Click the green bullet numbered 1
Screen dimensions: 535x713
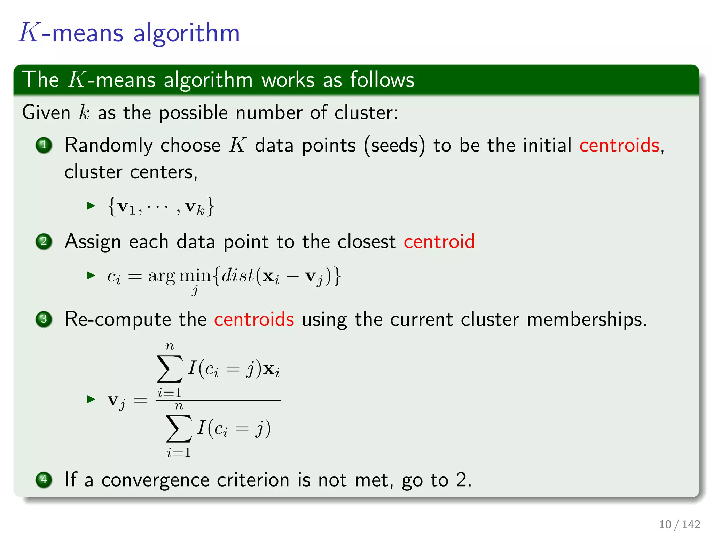tap(44, 145)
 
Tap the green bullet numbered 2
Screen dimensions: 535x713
tap(44, 241)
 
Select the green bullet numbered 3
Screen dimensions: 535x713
tap(44, 319)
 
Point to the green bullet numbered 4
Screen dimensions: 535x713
tap(44, 480)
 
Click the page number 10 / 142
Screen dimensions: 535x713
tap(679, 524)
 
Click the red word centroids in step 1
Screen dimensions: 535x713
tap(619, 145)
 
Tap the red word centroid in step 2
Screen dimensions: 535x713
tap(439, 241)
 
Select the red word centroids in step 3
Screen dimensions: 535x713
tap(254, 319)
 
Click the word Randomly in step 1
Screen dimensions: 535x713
tap(108, 145)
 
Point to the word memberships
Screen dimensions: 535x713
tap(587, 319)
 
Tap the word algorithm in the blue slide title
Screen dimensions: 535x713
tap(187, 33)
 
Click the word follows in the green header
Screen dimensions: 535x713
tap(382, 80)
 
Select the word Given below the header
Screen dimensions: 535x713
tap(46, 113)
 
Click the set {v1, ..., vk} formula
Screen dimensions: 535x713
tap(161, 207)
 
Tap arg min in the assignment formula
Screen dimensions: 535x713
tap(179, 277)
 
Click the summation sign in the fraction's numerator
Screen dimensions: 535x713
tap(170, 369)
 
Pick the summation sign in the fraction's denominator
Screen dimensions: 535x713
tap(179, 428)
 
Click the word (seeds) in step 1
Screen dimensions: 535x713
tap(394, 145)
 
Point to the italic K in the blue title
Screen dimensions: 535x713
tap(29, 33)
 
